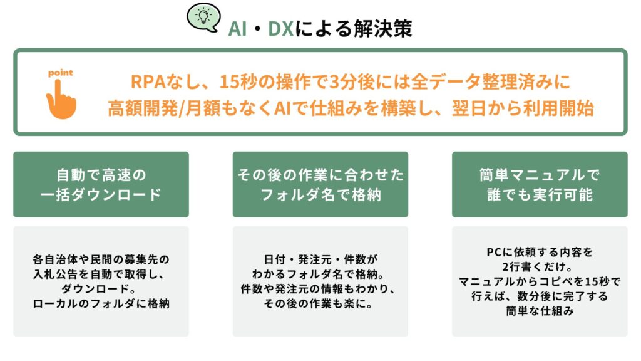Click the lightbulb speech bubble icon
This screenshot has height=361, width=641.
[203, 17]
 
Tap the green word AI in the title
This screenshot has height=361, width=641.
[237, 29]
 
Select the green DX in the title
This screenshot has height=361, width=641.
[281, 29]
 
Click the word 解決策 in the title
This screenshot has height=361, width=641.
[382, 29]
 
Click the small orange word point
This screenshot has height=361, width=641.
[61, 73]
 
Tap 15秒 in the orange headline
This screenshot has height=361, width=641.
[238, 81]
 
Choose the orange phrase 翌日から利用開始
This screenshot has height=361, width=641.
[523, 108]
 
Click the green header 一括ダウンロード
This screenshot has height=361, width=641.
[101, 194]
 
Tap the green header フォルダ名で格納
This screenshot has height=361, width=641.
[320, 194]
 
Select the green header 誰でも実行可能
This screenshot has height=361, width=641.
[540, 194]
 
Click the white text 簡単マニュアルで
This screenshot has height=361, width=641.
[540, 175]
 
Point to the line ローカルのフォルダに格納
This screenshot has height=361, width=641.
[101, 303]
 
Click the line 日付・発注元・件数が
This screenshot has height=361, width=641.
[320, 259]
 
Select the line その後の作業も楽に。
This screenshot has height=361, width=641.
[319, 303]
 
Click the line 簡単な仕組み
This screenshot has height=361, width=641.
[540, 311]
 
